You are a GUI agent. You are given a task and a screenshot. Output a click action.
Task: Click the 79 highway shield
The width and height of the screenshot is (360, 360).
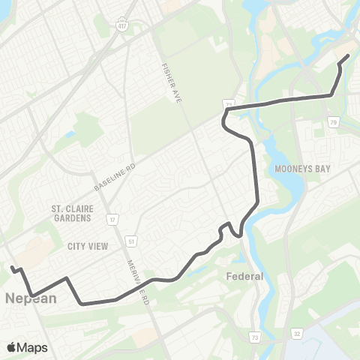point(333,121)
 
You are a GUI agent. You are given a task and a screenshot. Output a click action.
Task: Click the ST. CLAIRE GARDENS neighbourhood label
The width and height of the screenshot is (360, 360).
point(71,213)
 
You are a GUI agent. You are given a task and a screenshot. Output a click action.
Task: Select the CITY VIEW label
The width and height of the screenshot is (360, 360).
point(88,246)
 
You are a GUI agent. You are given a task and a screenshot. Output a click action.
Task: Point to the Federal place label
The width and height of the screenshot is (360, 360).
point(245,276)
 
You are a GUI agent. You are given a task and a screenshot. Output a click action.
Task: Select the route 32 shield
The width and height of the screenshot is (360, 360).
point(297,332)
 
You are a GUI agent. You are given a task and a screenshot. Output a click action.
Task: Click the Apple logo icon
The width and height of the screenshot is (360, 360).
point(12,347)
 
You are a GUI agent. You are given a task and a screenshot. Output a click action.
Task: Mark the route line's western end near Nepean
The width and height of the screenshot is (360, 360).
point(12,268)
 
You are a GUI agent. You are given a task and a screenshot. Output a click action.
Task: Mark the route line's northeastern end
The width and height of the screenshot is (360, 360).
point(348,56)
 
